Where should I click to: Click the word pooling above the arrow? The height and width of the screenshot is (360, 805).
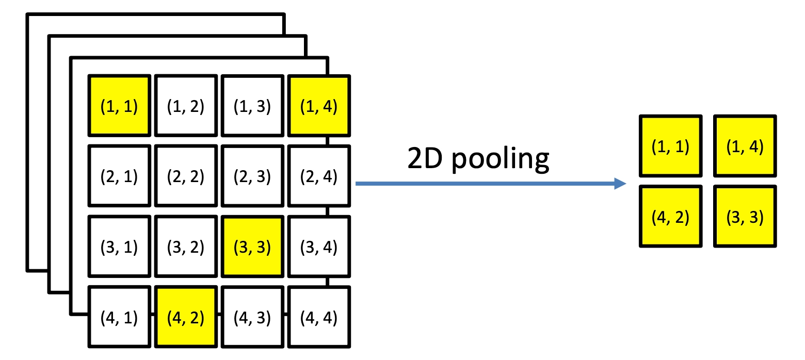pyautogui.click(x=500, y=160)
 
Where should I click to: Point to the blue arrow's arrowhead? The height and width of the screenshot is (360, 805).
pyautogui.click(x=620, y=184)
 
